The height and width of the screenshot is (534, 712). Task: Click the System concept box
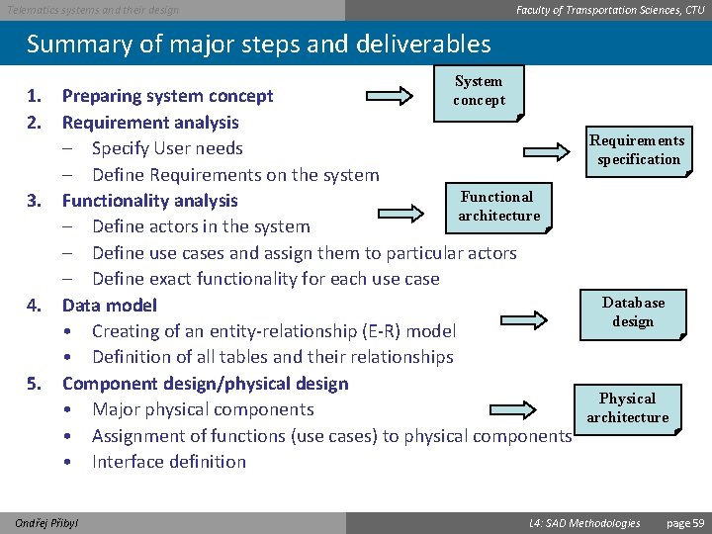click(480, 92)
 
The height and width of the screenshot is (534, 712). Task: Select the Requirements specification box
click(638, 150)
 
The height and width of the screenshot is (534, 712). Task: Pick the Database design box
click(633, 312)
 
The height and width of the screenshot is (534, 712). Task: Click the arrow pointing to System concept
click(381, 96)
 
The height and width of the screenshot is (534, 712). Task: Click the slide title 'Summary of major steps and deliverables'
click(258, 44)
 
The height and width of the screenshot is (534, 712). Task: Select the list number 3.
click(35, 201)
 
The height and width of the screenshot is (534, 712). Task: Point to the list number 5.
click(35, 384)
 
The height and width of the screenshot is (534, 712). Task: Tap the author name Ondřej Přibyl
click(48, 522)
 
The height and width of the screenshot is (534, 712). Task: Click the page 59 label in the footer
click(685, 522)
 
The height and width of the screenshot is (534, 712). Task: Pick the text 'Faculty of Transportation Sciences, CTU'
click(610, 10)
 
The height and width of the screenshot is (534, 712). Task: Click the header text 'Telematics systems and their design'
click(94, 10)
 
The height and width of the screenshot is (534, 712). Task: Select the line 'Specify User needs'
click(167, 148)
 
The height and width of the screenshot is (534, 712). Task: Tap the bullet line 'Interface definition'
click(169, 462)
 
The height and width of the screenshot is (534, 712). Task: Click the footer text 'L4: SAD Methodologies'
click(584, 522)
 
